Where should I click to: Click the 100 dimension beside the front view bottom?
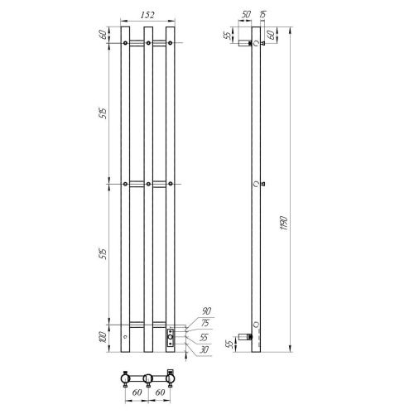point(103,338)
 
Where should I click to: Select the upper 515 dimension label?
point(103,112)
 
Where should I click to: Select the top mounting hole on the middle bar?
point(147,41)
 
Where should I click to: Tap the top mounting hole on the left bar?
point(125,41)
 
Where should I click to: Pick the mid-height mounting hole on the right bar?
point(170,182)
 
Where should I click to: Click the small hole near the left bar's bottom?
point(125,339)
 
